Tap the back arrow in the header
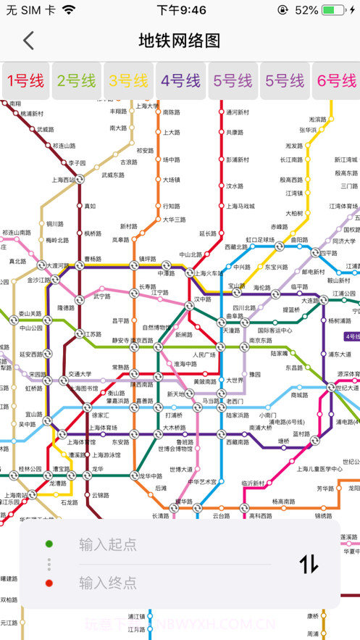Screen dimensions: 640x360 pyautogui.click(x=28, y=41)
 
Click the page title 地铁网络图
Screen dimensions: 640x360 pyautogui.click(x=179, y=41)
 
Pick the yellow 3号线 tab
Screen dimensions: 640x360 pyautogui.click(x=128, y=80)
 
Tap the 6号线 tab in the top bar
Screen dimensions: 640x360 pyautogui.click(x=337, y=80)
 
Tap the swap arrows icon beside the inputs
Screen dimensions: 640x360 pyautogui.click(x=309, y=563)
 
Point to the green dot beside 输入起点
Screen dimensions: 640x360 pyautogui.click(x=49, y=544)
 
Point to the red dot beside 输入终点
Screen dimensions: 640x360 pyautogui.click(x=49, y=583)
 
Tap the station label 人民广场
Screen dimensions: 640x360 pyautogui.click(x=204, y=354)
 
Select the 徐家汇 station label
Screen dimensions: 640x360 pyautogui.click(x=100, y=415)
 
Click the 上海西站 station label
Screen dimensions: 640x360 pyautogui.click(x=63, y=179)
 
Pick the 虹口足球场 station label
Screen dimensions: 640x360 pyautogui.click(x=261, y=238)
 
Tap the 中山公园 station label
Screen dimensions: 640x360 pyautogui.click(x=31, y=328)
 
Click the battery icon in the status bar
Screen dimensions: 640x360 pyautogui.click(x=335, y=10)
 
